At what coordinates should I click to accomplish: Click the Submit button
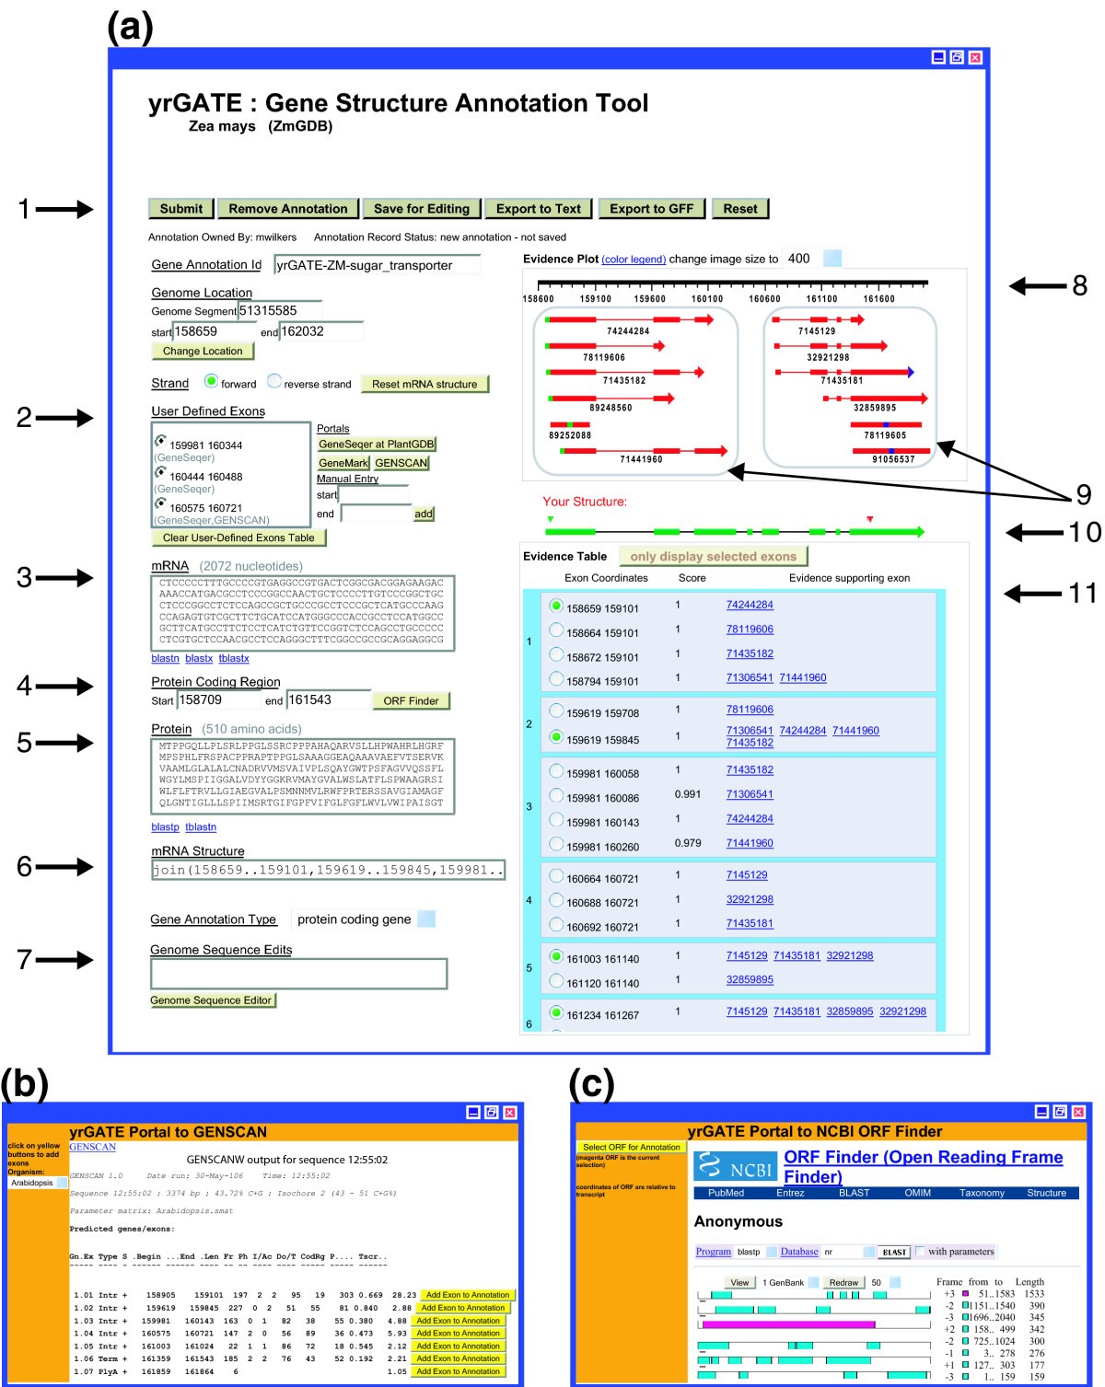pyautogui.click(x=180, y=209)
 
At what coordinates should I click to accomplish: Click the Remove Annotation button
pyautogui.click(x=287, y=209)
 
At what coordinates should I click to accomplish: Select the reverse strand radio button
pyautogui.click(x=274, y=381)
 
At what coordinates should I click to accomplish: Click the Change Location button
pyautogui.click(x=203, y=352)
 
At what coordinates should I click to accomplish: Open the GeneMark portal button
pyautogui.click(x=343, y=463)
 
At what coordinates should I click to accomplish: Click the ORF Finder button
pyautogui.click(x=411, y=701)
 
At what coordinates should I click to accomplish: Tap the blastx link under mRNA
pyautogui.click(x=199, y=659)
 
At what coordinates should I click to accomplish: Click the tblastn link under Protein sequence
pyautogui.click(x=201, y=827)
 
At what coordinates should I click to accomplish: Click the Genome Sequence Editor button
pyautogui.click(x=212, y=1000)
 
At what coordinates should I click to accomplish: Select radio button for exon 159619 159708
pyautogui.click(x=556, y=711)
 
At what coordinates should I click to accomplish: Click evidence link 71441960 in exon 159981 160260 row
pyautogui.click(x=750, y=843)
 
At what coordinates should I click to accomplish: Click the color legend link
pyautogui.click(x=634, y=260)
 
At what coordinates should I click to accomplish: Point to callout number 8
pyautogui.click(x=1079, y=286)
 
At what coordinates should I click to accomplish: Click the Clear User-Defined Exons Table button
pyautogui.click(x=238, y=538)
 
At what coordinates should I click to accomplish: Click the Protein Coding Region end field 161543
pyautogui.click(x=327, y=700)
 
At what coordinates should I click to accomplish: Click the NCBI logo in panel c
pyautogui.click(x=735, y=1167)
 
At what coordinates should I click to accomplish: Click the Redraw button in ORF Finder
pyautogui.click(x=843, y=1283)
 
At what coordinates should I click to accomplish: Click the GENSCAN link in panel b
pyautogui.click(x=93, y=1147)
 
